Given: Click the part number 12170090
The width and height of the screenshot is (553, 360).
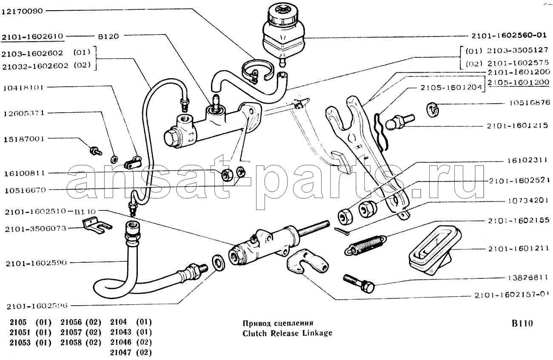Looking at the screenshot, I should coord(22,11).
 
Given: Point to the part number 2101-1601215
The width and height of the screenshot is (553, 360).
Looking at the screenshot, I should coord(518,126).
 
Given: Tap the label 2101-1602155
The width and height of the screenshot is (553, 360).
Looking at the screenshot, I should coord(519,221).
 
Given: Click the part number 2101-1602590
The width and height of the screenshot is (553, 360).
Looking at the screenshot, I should coord(37,263).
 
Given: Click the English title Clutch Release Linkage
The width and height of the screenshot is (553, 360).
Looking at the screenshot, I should coord(287,333).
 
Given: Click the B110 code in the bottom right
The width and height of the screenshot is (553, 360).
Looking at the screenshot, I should coord(522,323).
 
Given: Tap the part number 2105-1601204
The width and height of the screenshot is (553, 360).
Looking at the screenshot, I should coord(451,88).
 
